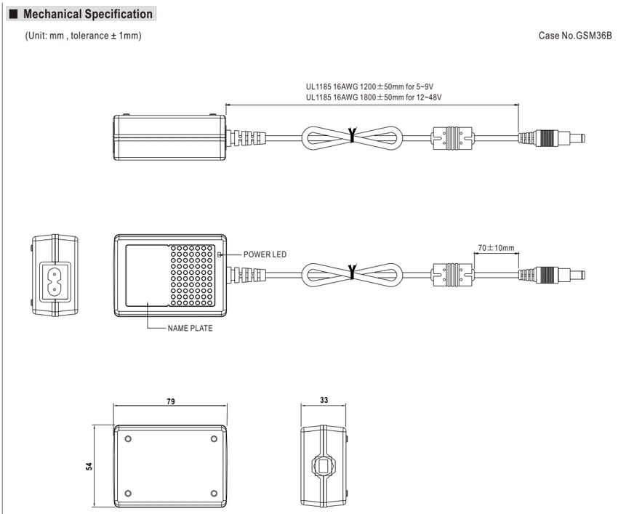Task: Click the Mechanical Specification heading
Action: [87, 15]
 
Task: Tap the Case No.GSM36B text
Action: [575, 36]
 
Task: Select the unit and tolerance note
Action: [83, 36]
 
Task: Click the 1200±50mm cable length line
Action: [369, 87]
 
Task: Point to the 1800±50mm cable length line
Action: [374, 97]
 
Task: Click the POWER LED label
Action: [265, 254]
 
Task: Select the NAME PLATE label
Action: [190, 329]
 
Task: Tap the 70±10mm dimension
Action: [496, 248]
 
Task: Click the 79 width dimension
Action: [171, 401]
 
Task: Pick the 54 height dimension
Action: [89, 466]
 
